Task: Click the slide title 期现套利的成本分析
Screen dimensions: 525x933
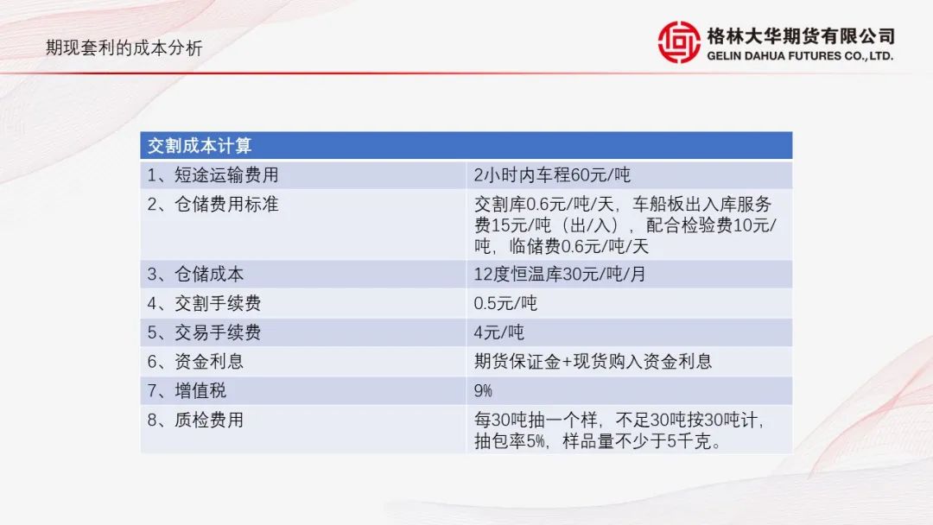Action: coord(124,48)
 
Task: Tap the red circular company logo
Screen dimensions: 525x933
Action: coord(679,42)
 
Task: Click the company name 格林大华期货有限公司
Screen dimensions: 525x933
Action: coord(800,35)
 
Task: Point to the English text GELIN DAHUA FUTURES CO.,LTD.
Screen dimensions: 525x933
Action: coord(800,55)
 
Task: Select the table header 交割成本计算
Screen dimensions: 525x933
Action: coord(200,145)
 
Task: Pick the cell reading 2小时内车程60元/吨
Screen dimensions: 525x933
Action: coord(553,175)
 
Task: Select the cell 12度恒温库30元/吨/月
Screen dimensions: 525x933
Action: coord(560,275)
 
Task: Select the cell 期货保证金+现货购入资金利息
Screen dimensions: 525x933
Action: coord(593,362)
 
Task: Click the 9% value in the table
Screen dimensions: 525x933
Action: coord(483,391)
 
